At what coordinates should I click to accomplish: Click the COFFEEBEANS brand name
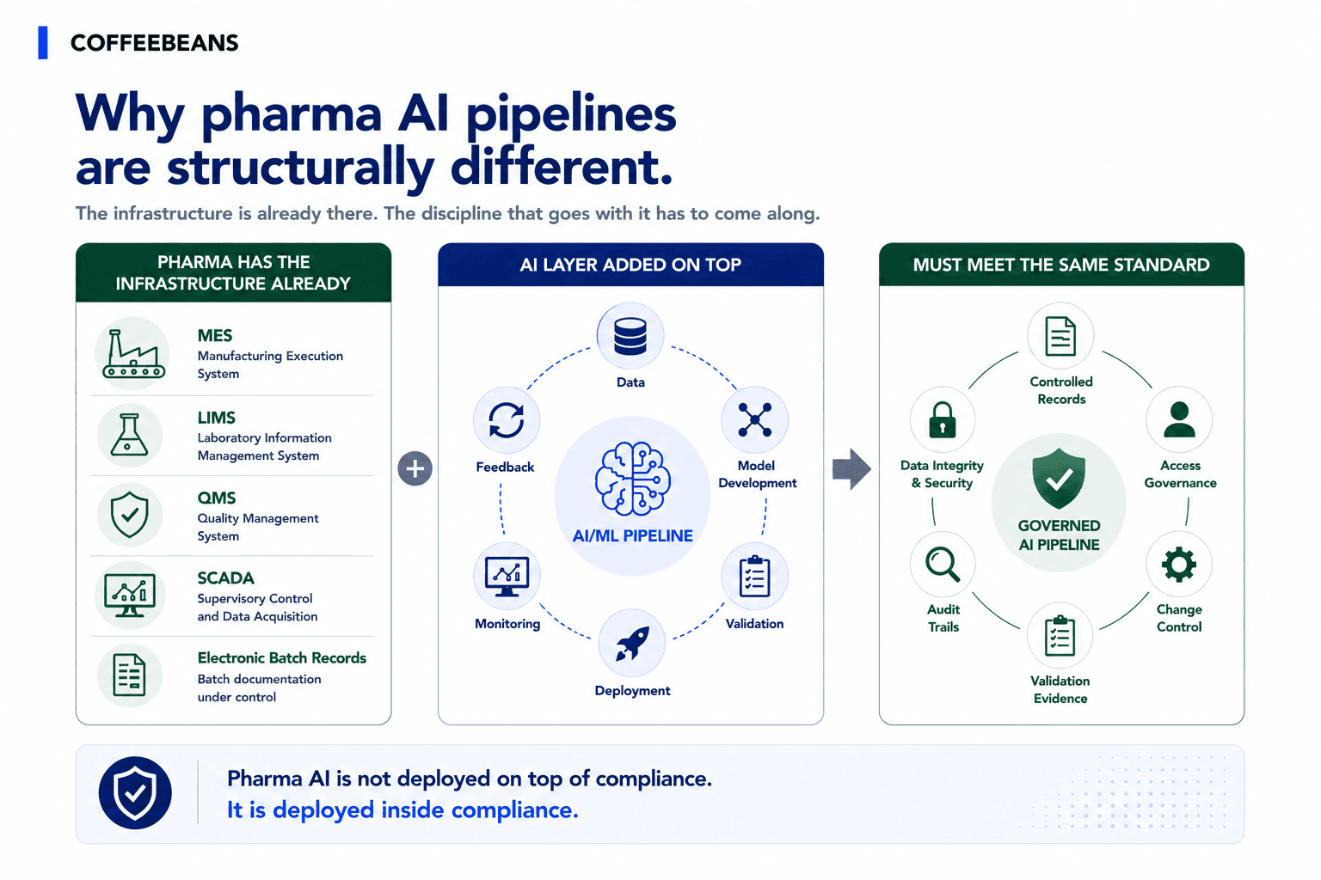(x=155, y=43)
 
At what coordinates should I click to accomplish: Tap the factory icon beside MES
(x=134, y=353)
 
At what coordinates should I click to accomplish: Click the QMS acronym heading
(x=217, y=498)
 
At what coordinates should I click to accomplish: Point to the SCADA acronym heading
(x=226, y=578)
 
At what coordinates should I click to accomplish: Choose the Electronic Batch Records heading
(x=282, y=657)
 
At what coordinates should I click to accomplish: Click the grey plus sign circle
(x=415, y=468)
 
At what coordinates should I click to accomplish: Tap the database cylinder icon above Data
(x=630, y=336)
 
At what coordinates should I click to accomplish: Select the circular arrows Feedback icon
(x=506, y=420)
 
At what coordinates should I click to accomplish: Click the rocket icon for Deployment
(x=632, y=643)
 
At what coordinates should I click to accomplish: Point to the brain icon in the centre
(x=632, y=478)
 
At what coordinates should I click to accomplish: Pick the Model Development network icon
(x=755, y=419)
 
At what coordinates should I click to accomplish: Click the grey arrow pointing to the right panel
(x=851, y=469)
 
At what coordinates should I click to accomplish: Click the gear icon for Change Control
(x=1179, y=565)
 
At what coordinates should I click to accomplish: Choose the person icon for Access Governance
(x=1179, y=419)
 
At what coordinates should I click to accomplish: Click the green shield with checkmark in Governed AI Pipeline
(x=1060, y=478)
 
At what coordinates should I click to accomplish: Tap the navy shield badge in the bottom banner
(x=135, y=792)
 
